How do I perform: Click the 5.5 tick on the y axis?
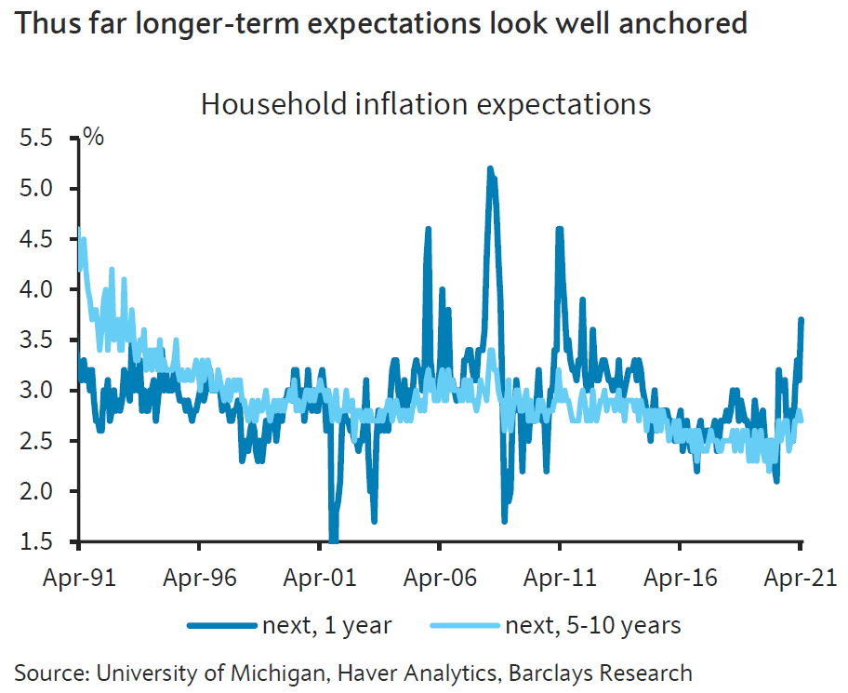42,139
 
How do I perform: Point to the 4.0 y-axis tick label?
42,289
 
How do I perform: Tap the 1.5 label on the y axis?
42,541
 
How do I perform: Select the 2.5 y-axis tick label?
42,441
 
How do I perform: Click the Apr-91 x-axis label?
79,577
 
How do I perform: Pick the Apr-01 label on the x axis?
319,577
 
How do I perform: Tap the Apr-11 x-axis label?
560,577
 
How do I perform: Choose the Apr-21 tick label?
800,577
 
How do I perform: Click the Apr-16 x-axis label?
680,577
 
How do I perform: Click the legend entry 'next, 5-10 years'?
593,625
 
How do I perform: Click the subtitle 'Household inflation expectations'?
426,103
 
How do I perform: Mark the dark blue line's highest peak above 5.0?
490,169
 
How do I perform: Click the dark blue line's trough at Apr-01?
333,538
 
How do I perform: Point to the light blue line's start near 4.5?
79,230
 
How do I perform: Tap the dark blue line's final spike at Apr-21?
801,320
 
